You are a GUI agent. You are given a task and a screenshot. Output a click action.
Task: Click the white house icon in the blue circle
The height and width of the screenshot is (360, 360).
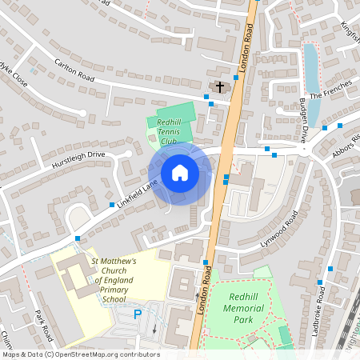(180, 172)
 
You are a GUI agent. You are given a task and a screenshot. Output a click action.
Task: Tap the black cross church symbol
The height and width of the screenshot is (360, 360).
(219, 86)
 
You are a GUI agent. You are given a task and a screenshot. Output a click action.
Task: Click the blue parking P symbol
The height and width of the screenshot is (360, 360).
(137, 314)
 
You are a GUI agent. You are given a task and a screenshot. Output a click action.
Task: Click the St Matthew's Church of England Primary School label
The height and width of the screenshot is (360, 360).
(114, 280)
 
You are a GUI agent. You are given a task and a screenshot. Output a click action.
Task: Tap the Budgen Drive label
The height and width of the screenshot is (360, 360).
(303, 120)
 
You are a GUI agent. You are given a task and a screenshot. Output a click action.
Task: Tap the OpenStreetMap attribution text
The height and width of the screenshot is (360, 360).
(80, 354)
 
